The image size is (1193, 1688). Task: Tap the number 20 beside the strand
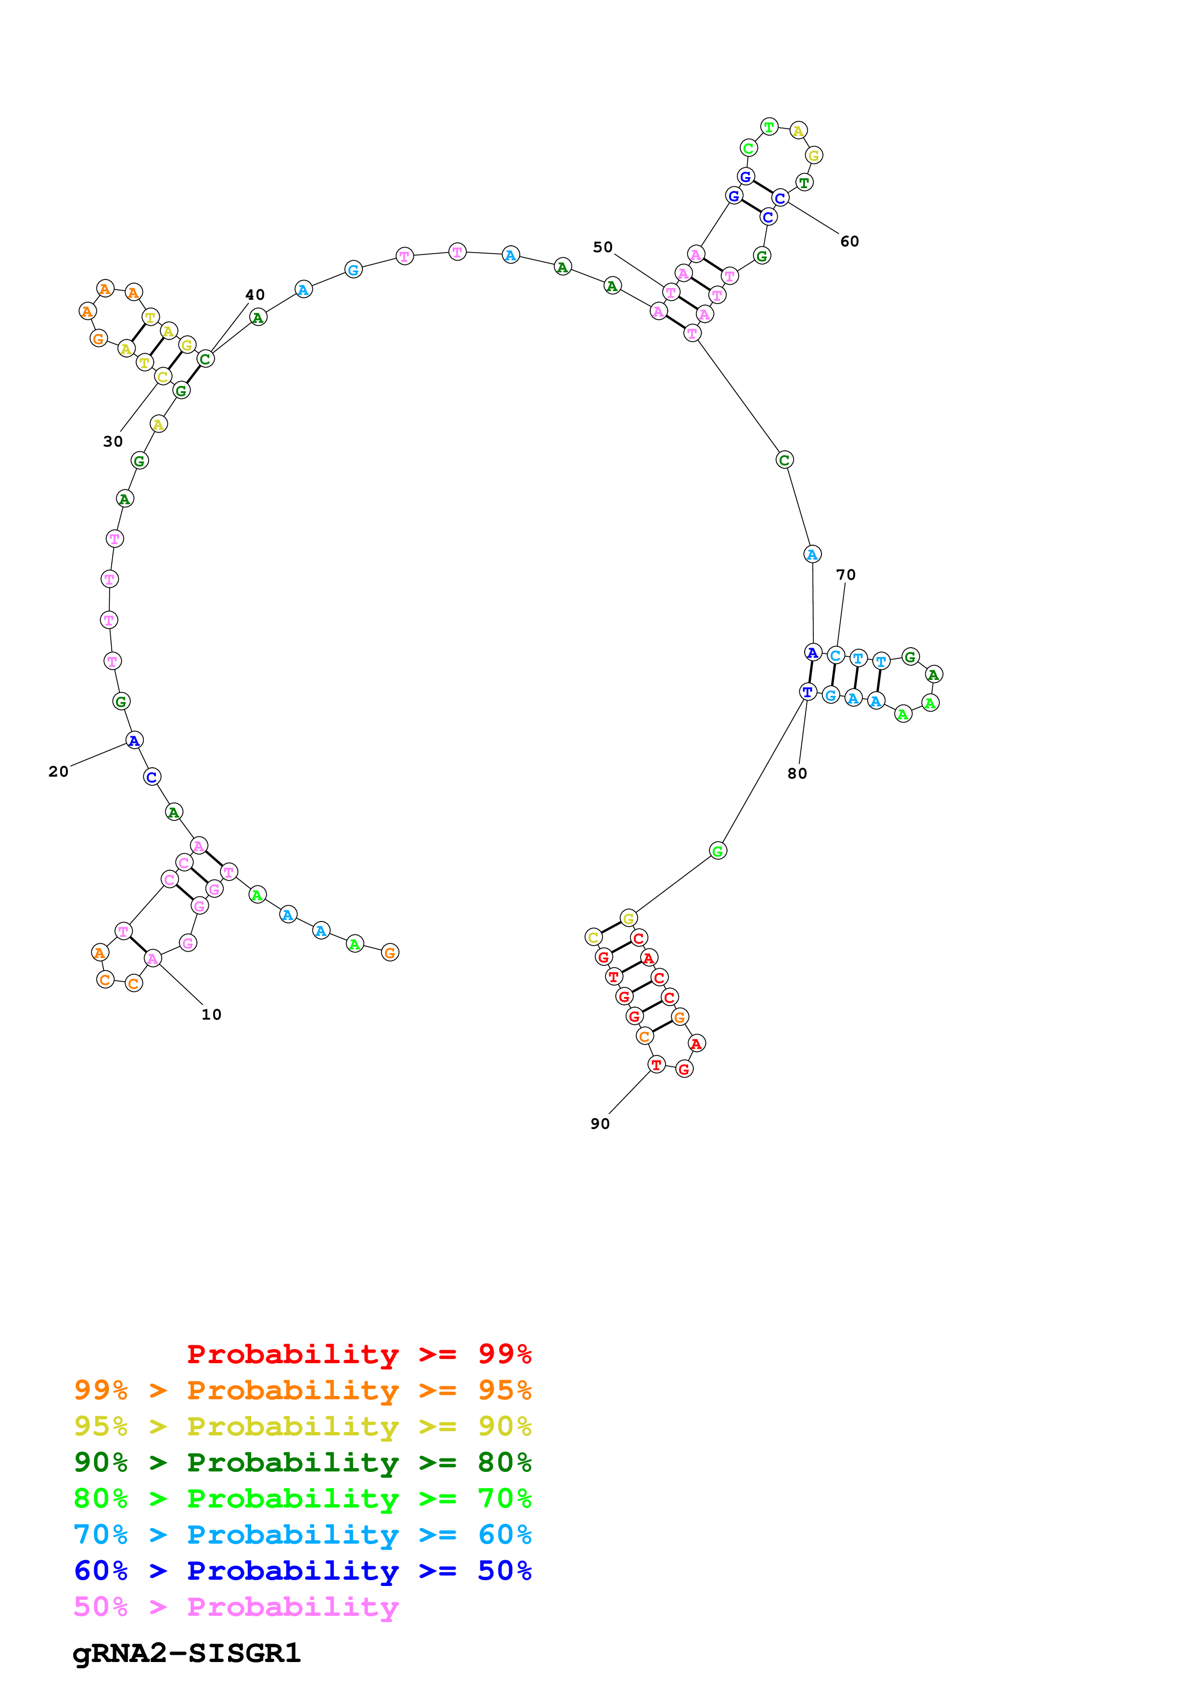(58, 771)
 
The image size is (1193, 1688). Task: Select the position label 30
(113, 441)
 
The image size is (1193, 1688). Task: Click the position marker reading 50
(603, 247)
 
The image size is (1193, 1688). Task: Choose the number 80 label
(797, 773)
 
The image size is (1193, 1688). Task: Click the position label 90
(600, 1124)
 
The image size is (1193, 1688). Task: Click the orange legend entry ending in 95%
(302, 1390)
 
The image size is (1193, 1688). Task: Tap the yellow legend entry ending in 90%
(302, 1426)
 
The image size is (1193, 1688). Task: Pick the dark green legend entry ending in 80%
(302, 1462)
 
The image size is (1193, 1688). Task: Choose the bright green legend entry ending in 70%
(302, 1498)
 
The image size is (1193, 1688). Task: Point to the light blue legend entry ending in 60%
(302, 1535)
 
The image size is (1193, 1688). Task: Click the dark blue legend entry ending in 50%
(302, 1571)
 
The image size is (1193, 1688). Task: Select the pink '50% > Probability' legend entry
(235, 1606)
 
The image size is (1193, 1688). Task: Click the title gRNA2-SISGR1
(187, 1653)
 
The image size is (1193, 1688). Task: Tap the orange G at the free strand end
(390, 953)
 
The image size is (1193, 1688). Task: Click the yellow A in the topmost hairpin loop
(798, 131)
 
